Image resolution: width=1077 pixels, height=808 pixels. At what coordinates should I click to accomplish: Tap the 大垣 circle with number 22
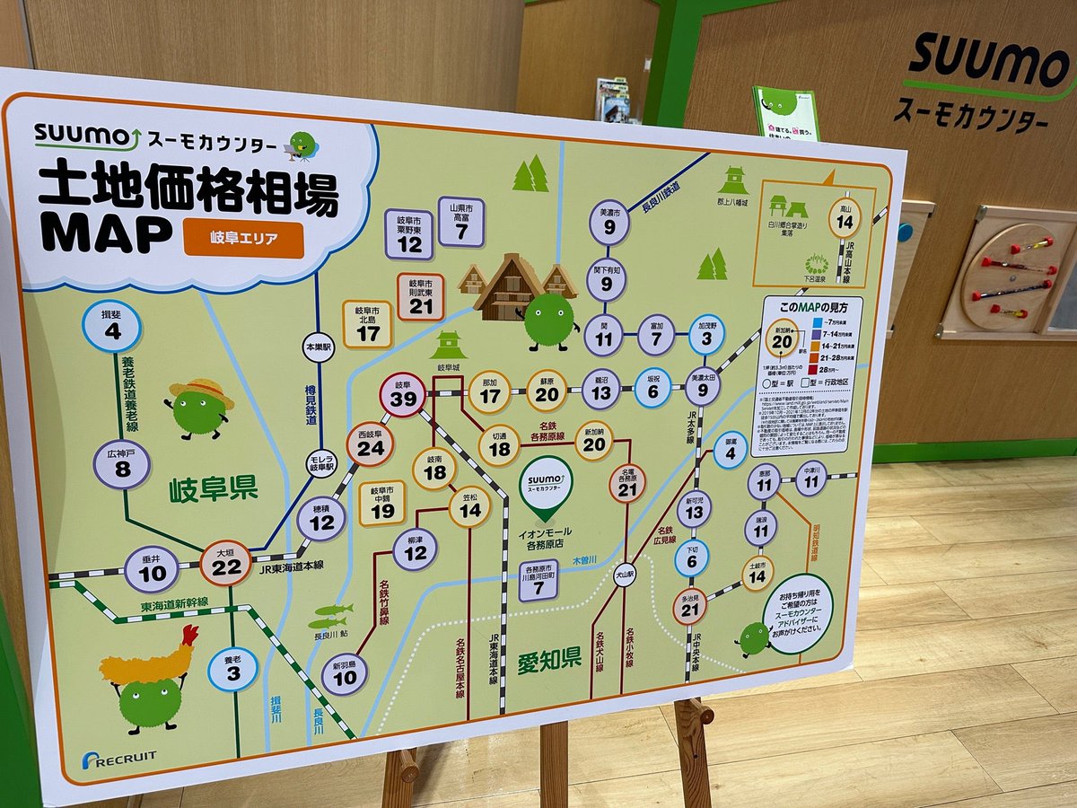pyautogui.click(x=225, y=563)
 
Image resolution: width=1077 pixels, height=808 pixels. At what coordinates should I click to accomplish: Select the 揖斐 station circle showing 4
pyautogui.click(x=112, y=327)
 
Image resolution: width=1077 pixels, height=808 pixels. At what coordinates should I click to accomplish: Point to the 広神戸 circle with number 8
pyautogui.click(x=122, y=464)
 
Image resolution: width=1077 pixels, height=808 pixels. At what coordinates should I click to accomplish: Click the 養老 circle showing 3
pyautogui.click(x=232, y=670)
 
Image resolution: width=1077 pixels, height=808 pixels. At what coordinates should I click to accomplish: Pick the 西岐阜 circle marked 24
pyautogui.click(x=370, y=444)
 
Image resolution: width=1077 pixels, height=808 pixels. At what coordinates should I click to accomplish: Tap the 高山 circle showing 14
pyautogui.click(x=844, y=218)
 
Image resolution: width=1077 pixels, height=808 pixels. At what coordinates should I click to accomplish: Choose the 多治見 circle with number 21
pyautogui.click(x=689, y=607)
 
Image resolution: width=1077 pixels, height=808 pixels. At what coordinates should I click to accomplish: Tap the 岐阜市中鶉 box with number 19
pyautogui.click(x=382, y=503)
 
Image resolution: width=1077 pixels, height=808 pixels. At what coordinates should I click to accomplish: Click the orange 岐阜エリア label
pyautogui.click(x=243, y=240)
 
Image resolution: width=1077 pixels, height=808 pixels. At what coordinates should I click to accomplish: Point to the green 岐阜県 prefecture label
pyautogui.click(x=213, y=489)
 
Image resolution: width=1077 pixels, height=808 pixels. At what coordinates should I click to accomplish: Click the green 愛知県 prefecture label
pyautogui.click(x=549, y=662)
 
